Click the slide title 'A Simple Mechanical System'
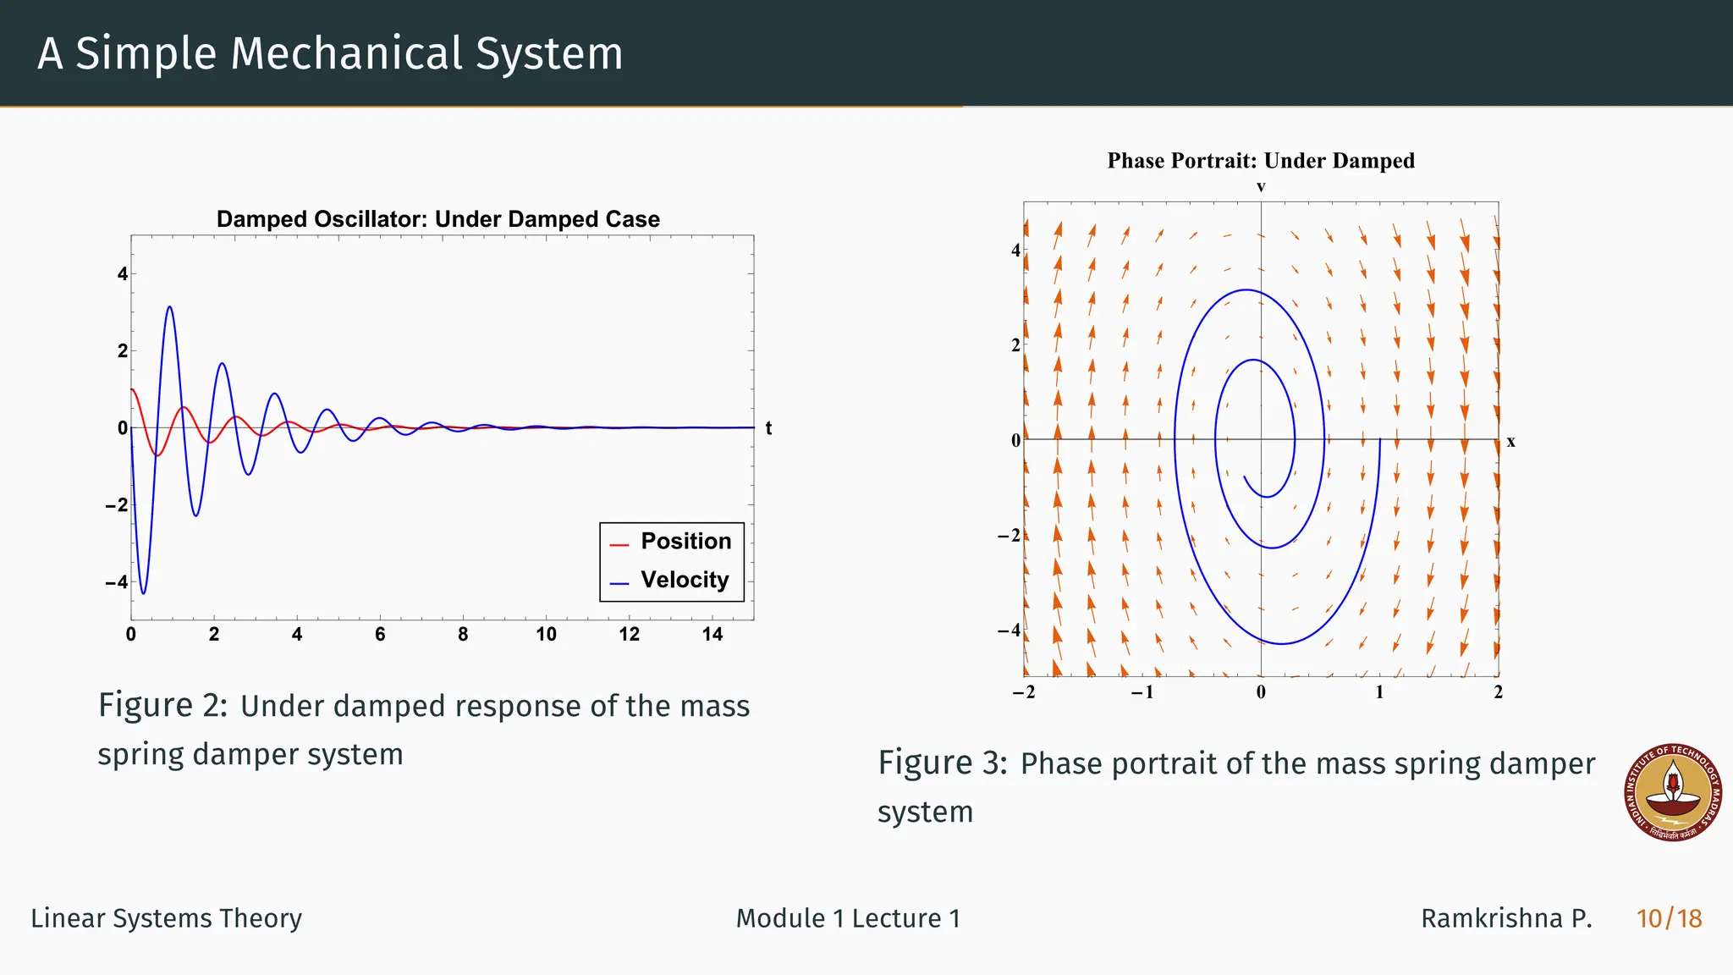click(330, 52)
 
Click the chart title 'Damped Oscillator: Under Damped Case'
click(437, 219)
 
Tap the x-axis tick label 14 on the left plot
click(712, 635)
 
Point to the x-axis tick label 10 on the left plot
click(546, 635)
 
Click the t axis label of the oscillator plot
click(768, 428)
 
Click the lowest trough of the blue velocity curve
click(143, 593)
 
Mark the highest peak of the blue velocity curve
click(170, 307)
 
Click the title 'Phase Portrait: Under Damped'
click(1261, 161)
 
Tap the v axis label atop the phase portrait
click(1261, 187)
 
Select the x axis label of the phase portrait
click(1510, 442)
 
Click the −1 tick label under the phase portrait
click(1142, 692)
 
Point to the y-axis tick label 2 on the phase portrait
click(1015, 345)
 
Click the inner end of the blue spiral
click(1244, 477)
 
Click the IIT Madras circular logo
click(1673, 793)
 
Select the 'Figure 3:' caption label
click(942, 763)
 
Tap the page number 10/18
click(1669, 918)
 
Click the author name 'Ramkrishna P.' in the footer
click(1506, 918)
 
